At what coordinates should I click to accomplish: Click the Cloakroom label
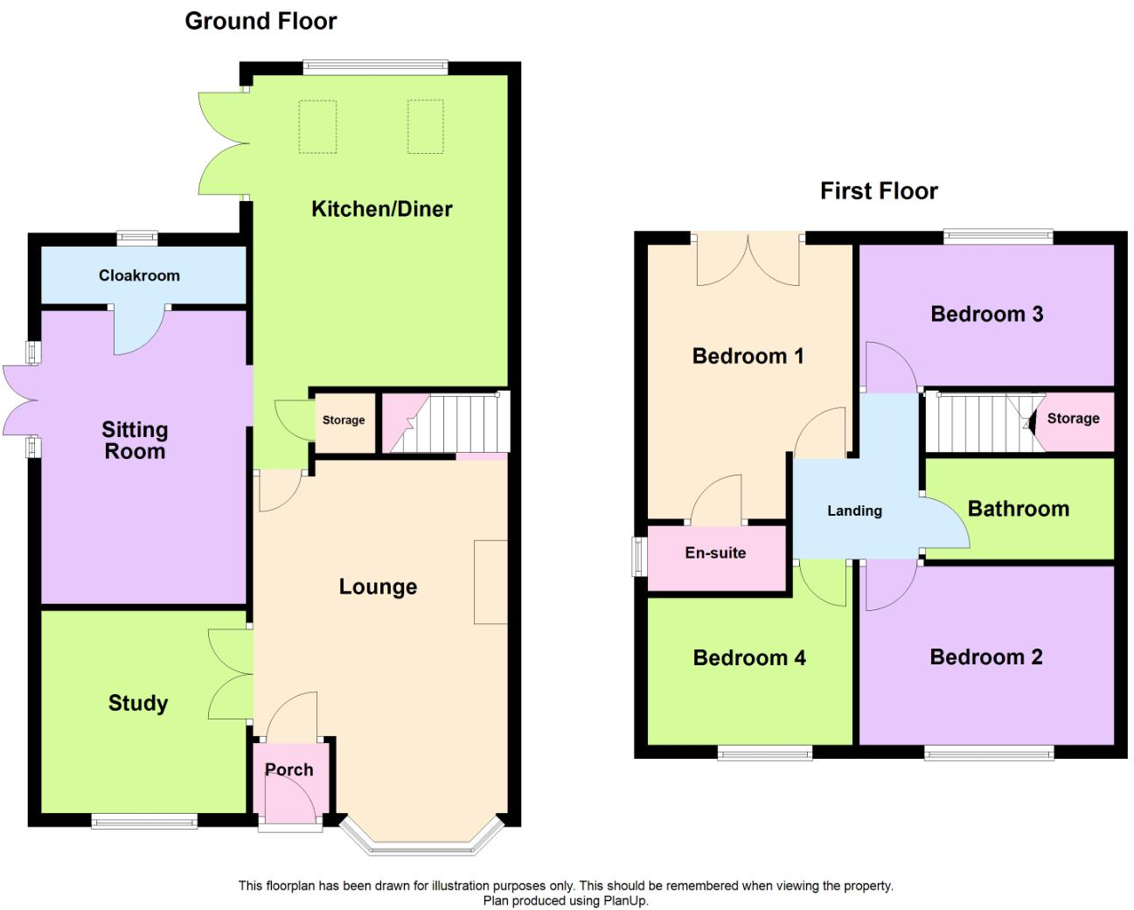(139, 275)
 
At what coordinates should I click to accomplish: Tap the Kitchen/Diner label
(382, 209)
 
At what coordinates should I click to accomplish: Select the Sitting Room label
(135, 440)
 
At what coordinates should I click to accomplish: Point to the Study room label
(138, 703)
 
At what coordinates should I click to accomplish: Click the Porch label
(289, 769)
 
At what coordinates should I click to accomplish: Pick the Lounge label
(378, 587)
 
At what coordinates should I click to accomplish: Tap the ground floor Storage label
(344, 420)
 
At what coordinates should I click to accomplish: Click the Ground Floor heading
(261, 21)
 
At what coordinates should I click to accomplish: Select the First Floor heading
(879, 191)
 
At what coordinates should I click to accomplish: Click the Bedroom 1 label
(748, 356)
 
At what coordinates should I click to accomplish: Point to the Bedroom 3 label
(987, 314)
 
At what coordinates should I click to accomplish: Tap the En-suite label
(715, 552)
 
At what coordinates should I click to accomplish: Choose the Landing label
(854, 511)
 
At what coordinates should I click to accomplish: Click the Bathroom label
(1019, 509)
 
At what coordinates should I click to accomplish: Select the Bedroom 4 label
(749, 657)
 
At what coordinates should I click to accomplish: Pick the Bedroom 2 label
(986, 656)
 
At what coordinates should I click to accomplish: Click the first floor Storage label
(1073, 419)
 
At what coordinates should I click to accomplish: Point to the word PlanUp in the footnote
(624, 901)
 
